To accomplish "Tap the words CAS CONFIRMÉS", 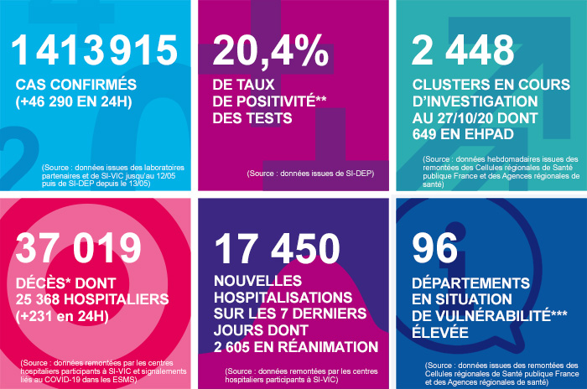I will point(75,85).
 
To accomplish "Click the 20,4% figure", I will point(270,52).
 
